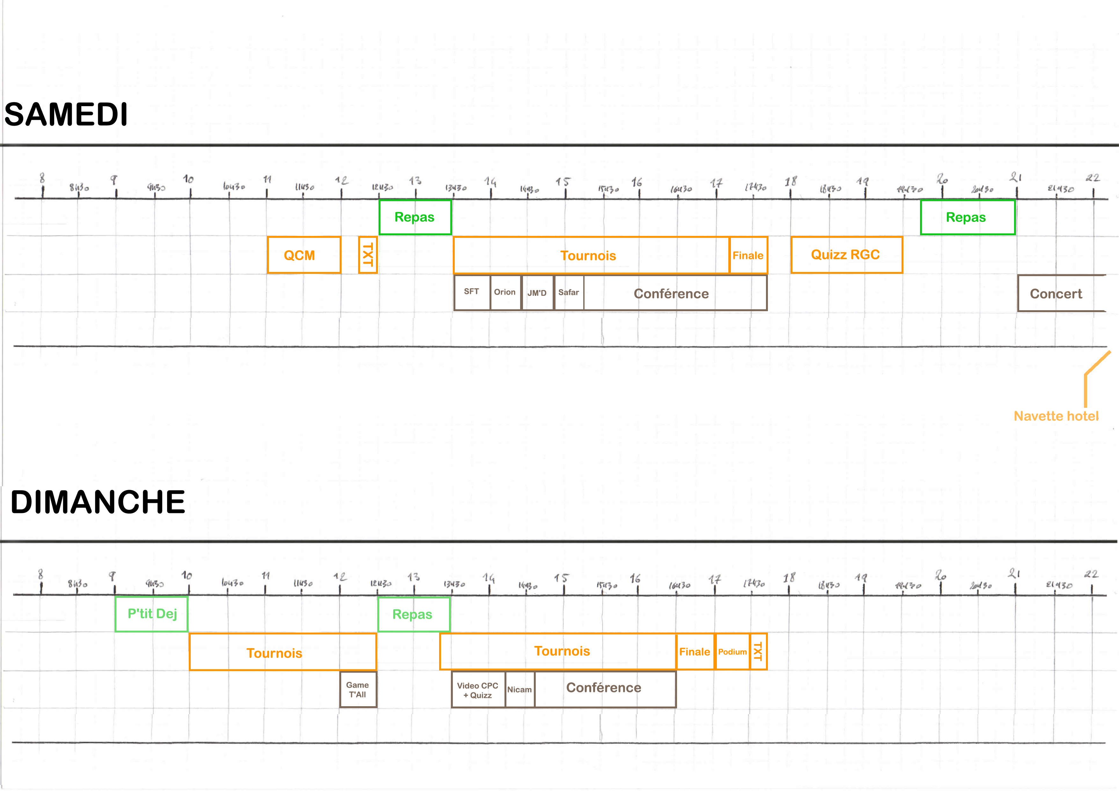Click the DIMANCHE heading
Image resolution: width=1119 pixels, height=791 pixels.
(x=98, y=502)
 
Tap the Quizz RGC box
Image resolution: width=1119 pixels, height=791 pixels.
(x=846, y=255)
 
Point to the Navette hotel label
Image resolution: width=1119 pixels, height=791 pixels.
(x=1056, y=416)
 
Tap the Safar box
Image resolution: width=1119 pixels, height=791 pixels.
(x=569, y=292)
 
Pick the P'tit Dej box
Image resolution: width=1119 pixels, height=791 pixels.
(x=151, y=614)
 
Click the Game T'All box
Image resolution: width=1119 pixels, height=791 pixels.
(x=358, y=690)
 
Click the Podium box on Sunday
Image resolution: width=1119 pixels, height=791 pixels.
(x=732, y=652)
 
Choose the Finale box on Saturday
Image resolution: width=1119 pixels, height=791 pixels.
(x=748, y=255)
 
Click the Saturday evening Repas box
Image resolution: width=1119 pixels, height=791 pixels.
(x=967, y=217)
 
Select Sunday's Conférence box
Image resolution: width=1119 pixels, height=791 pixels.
(x=604, y=688)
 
